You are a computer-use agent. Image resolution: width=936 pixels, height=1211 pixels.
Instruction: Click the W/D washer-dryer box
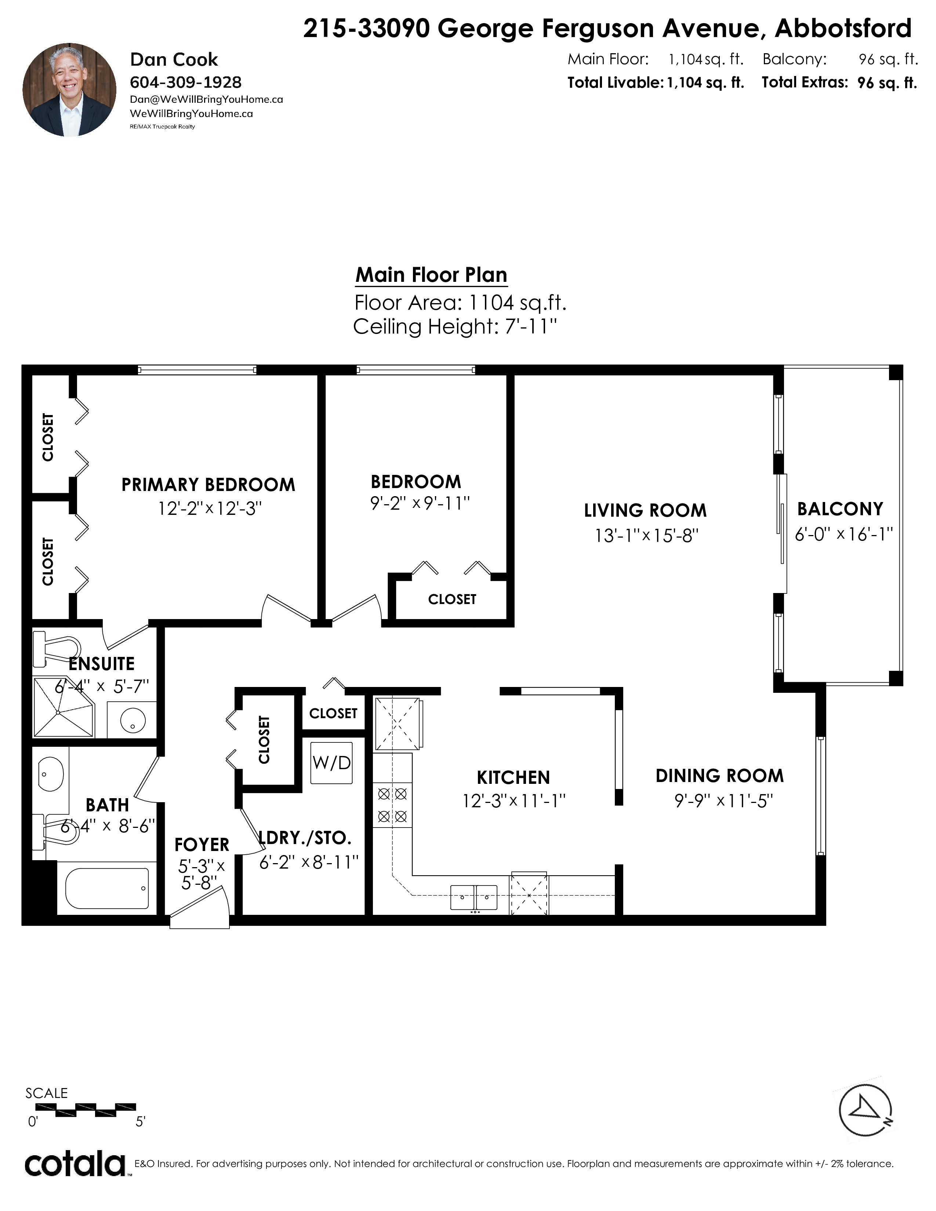331,763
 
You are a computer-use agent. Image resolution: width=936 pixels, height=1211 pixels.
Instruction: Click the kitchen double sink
474,897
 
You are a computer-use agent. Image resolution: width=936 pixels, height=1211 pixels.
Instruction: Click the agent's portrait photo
69,90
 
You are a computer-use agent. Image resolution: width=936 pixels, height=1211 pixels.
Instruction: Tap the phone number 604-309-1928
186,82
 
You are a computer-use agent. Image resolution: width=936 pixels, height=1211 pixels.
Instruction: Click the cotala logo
75,1164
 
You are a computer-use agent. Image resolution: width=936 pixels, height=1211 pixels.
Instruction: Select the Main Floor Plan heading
431,274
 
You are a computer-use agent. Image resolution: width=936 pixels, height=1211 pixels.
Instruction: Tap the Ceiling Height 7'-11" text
455,327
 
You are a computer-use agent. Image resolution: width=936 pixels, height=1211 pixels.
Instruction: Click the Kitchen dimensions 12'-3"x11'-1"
514,801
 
